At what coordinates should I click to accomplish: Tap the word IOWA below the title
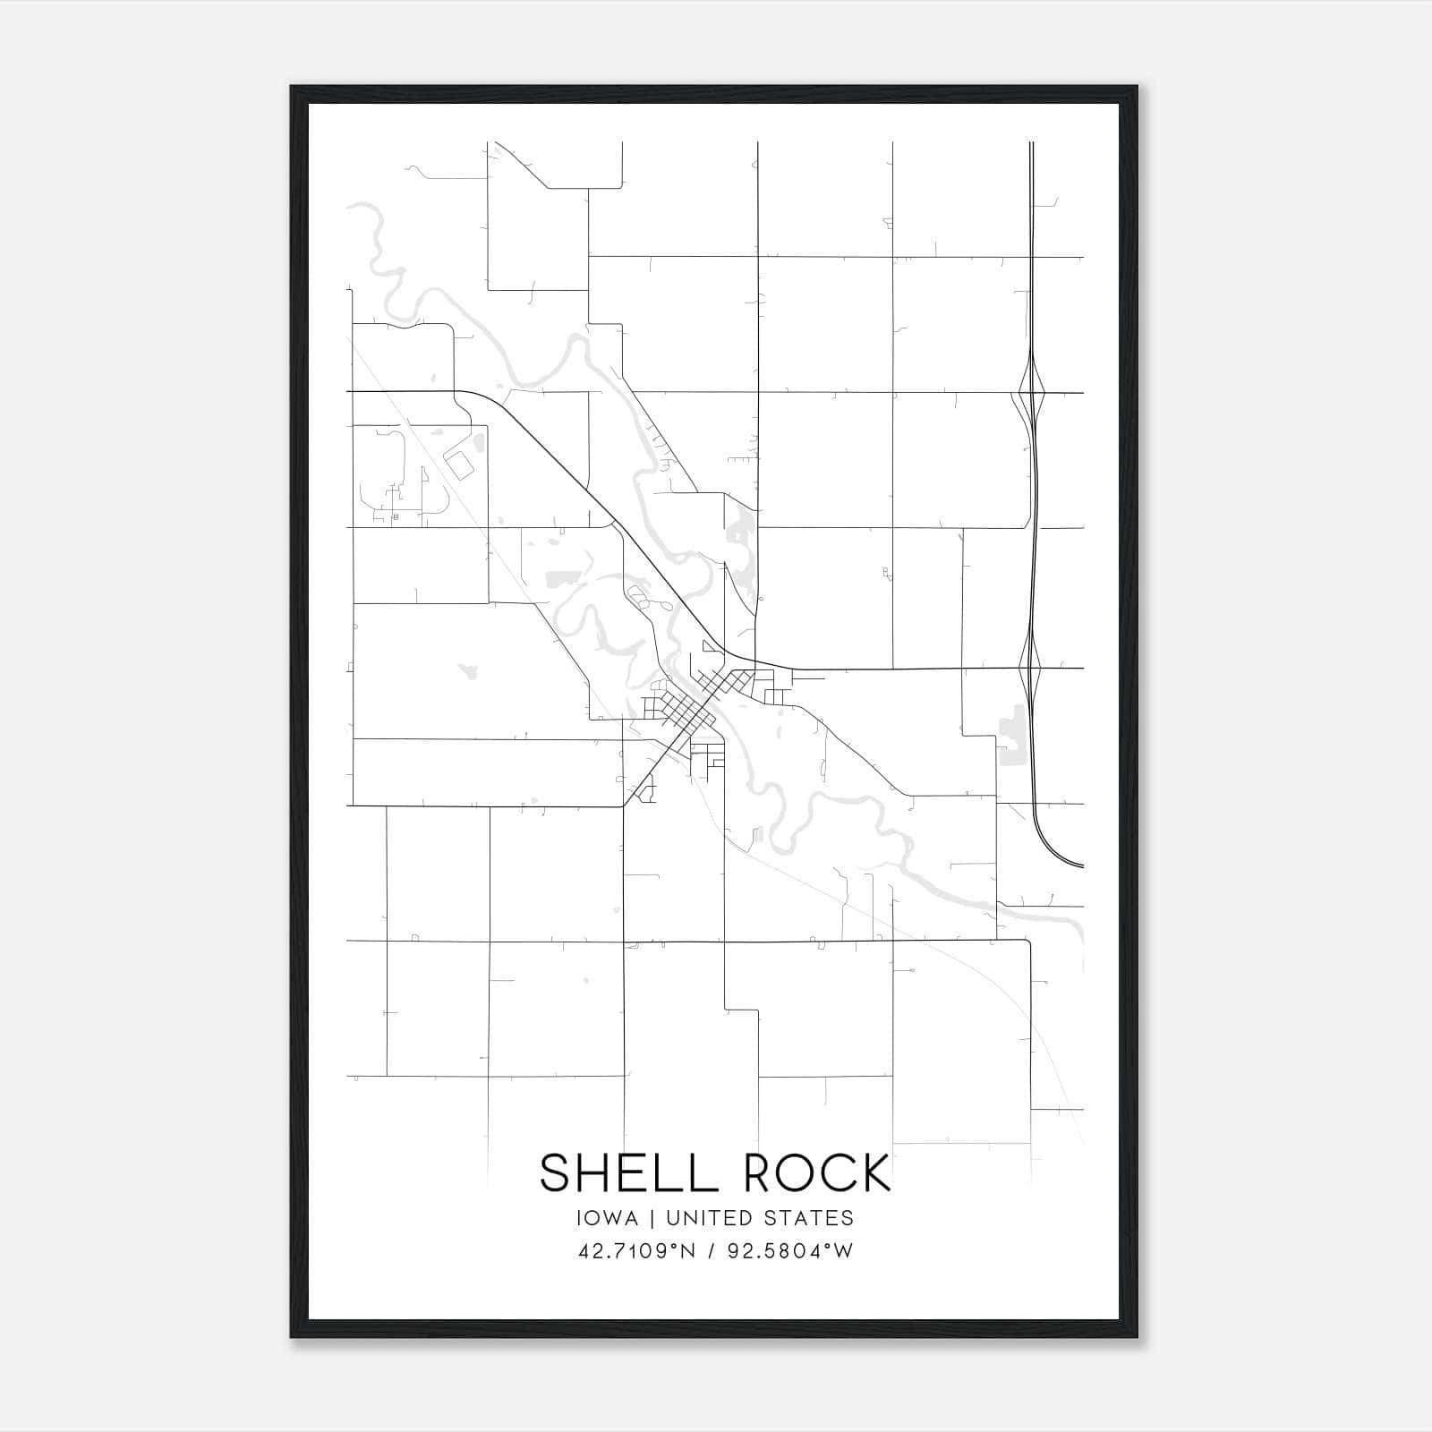(x=608, y=1218)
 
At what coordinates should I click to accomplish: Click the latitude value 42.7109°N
(x=637, y=1251)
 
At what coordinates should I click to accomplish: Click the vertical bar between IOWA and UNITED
(x=652, y=1218)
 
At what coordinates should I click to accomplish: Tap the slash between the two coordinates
(x=712, y=1251)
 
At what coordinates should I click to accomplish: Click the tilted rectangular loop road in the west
(x=460, y=465)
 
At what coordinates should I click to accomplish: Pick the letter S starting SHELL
(x=554, y=1172)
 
